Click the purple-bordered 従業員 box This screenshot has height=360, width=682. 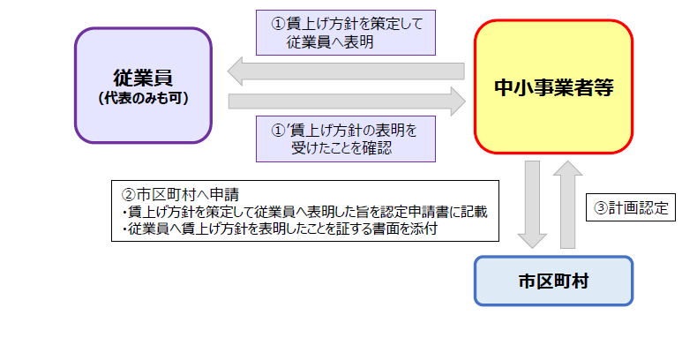point(143,85)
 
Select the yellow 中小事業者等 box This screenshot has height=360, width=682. point(553,87)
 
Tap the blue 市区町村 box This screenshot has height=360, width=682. point(553,281)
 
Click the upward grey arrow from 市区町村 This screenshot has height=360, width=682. point(570,203)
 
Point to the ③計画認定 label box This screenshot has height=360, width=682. point(629,209)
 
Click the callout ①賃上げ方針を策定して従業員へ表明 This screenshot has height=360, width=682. point(343,34)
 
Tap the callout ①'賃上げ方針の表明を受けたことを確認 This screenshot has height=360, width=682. point(343,139)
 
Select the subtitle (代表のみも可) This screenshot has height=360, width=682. point(143,98)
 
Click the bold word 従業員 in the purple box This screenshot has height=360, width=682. point(143,76)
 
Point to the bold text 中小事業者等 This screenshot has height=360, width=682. point(553,87)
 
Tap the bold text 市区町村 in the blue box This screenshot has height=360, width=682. point(553,281)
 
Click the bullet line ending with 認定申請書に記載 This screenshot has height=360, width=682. point(304,212)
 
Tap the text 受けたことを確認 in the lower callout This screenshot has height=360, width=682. point(341,148)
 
